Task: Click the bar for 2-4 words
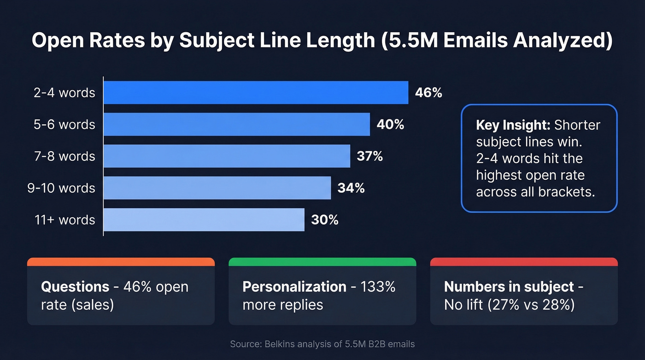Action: point(256,93)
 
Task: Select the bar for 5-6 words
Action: point(236,124)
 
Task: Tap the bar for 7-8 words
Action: point(227,156)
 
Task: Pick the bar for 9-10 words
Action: point(217,188)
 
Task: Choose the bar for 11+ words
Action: point(204,220)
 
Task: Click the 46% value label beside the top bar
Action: point(428,93)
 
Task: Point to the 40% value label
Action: point(390,124)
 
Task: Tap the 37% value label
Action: point(370,156)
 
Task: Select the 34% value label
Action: point(351,188)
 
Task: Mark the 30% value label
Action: point(325,220)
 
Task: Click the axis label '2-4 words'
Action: point(64,93)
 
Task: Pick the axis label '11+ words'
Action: point(64,220)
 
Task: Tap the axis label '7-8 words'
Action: point(64,156)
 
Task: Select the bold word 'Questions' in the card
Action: point(75,287)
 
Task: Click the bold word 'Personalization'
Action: point(294,287)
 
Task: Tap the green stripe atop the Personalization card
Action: point(322,262)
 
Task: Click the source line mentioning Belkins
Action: point(322,344)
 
